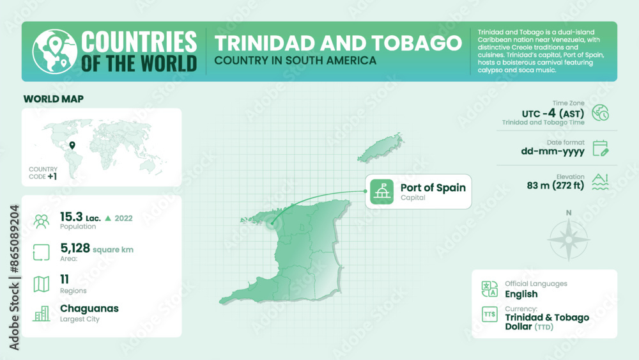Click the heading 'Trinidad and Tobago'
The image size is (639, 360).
point(338,43)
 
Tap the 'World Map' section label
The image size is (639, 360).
point(54,99)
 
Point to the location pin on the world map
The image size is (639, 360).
point(72,146)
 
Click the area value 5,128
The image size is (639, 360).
point(74,249)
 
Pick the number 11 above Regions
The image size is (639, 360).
point(65,279)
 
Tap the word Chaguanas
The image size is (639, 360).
point(89,309)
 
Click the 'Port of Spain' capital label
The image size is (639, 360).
point(433,188)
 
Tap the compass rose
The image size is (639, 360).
point(569,240)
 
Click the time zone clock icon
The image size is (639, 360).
point(600,113)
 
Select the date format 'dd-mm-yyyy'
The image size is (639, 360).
point(552,152)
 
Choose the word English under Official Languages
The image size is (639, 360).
point(521,294)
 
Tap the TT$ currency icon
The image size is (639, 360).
point(489,315)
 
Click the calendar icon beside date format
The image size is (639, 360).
point(600,148)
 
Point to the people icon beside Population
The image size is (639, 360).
point(42,221)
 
